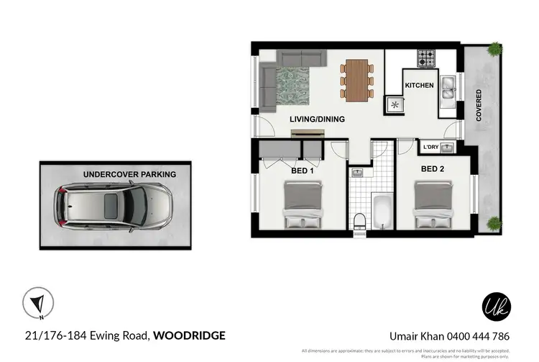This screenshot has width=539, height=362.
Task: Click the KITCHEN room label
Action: tap(419, 86)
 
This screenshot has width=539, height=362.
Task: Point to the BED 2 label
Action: tap(434, 169)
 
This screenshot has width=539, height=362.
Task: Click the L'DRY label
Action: tap(430, 148)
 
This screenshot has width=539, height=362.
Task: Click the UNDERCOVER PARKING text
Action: tap(129, 174)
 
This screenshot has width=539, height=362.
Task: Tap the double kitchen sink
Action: tap(447, 86)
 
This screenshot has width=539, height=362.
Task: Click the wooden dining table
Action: tap(356, 78)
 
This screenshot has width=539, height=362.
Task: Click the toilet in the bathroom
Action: tap(360, 221)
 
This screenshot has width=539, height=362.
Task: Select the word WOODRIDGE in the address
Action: tap(190, 335)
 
